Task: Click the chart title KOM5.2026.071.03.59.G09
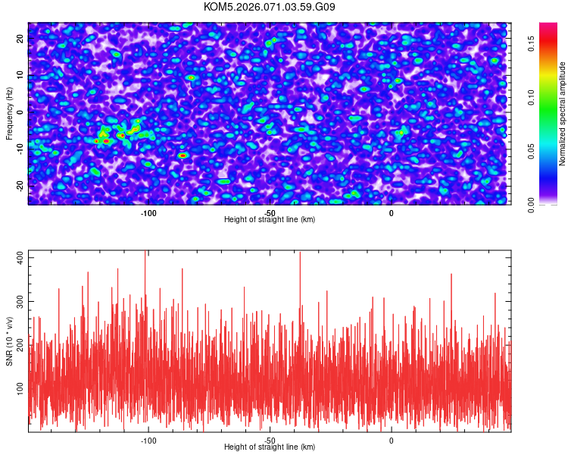click(270, 8)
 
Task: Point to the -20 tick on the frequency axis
click(20, 186)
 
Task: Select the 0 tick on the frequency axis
click(20, 111)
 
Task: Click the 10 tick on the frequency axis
click(20, 74)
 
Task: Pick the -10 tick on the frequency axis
click(20, 149)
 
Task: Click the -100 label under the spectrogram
click(148, 212)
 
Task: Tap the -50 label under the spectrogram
click(270, 212)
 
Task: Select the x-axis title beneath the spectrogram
click(270, 220)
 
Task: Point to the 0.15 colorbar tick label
click(533, 44)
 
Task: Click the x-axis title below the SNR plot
click(270, 447)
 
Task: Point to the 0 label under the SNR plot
click(392, 440)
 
